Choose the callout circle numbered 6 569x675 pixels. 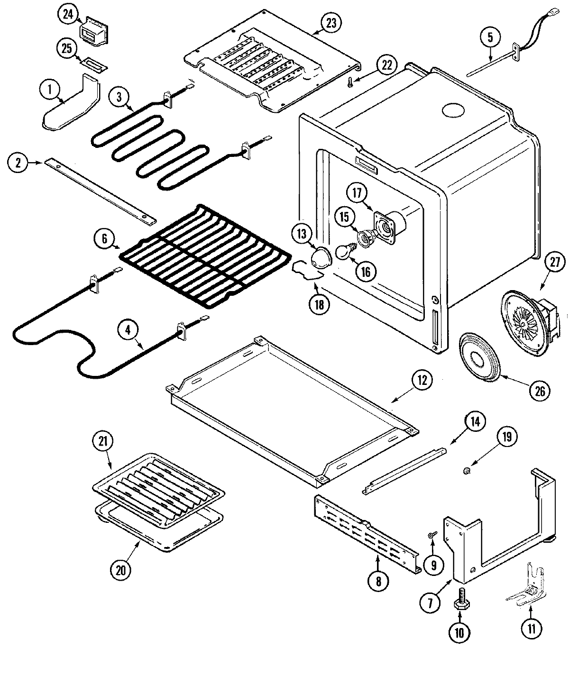[x=104, y=239]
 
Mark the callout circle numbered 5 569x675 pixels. [x=491, y=37]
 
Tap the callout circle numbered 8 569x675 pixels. [x=378, y=582]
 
